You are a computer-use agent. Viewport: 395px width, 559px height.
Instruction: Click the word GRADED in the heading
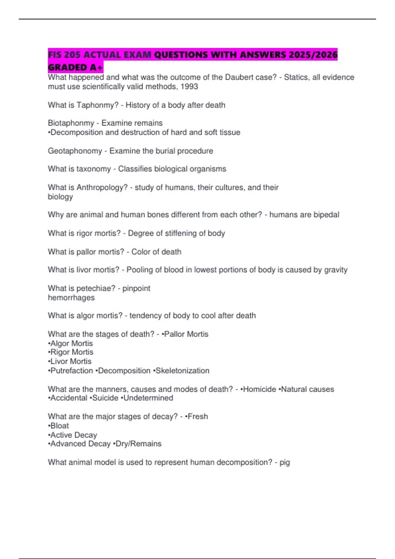(x=67, y=67)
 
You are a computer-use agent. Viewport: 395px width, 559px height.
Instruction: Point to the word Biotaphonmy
(x=71, y=123)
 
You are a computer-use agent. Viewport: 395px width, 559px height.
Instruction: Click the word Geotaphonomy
(x=75, y=151)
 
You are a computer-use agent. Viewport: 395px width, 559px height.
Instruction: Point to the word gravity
(x=336, y=270)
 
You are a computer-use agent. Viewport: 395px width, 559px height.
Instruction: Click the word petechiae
(x=95, y=288)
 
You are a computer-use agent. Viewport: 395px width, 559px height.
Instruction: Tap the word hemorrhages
(x=71, y=298)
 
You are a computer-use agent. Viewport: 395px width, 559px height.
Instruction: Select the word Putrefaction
(x=71, y=371)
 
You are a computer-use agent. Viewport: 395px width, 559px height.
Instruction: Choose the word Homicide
(x=259, y=389)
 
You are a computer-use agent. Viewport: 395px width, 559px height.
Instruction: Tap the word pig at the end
(x=285, y=463)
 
